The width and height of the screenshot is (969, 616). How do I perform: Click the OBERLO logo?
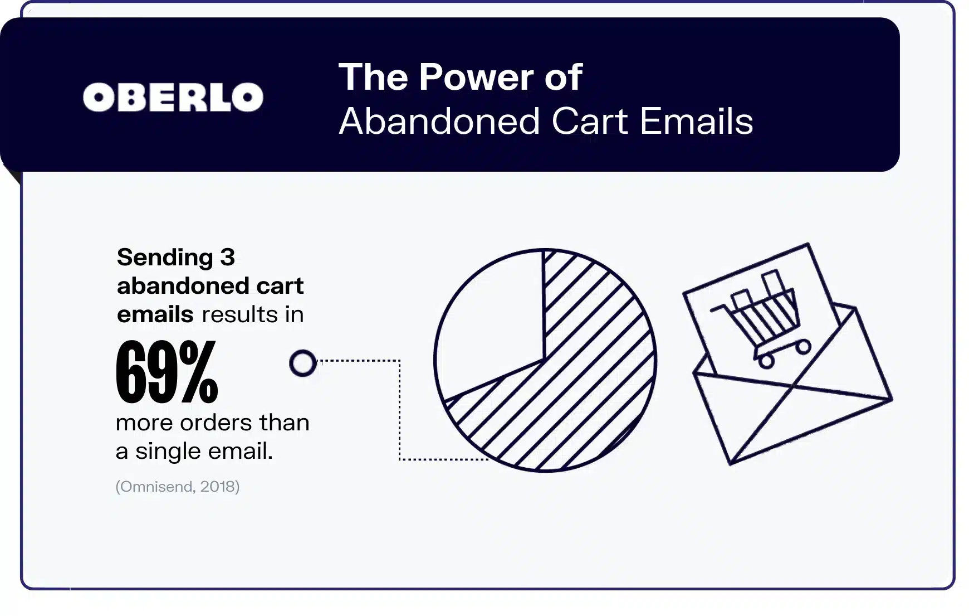click(173, 98)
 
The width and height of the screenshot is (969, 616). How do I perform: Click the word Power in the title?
click(476, 77)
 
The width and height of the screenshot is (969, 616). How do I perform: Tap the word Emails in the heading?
click(696, 121)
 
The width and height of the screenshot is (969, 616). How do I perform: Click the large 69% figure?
click(167, 372)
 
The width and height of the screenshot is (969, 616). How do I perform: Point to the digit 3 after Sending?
click(227, 258)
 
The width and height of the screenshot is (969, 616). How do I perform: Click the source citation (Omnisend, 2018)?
click(177, 487)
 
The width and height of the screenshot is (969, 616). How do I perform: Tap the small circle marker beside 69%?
click(303, 363)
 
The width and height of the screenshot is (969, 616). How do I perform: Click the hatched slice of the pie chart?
click(590, 379)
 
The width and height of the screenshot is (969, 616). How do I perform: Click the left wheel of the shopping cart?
click(767, 361)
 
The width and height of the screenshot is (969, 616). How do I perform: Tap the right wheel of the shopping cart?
click(802, 347)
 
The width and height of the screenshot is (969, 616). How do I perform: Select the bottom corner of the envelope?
click(731, 463)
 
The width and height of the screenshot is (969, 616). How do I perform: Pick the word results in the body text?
click(239, 315)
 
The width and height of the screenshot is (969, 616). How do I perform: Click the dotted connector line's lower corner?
click(400, 459)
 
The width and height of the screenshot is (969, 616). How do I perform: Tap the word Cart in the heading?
click(590, 121)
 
